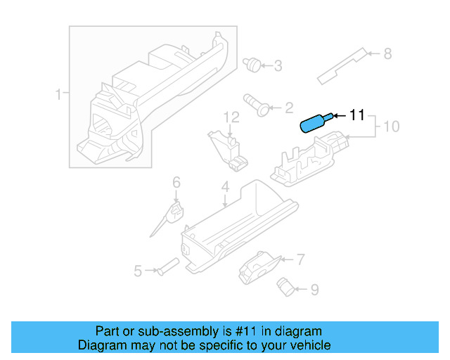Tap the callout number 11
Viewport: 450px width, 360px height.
(357, 115)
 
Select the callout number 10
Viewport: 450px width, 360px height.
(391, 127)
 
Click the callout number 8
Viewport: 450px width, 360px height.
(387, 53)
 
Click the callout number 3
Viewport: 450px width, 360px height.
(277, 66)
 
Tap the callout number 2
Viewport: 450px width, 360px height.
(288, 108)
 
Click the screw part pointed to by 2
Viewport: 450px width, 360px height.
(256, 103)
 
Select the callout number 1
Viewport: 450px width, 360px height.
(59, 94)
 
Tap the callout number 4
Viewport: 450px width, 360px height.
(225, 187)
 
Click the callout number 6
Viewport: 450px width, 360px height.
(176, 183)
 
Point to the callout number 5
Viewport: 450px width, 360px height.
(139, 270)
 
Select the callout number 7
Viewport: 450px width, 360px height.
(300, 259)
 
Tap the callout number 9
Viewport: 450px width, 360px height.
(314, 288)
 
